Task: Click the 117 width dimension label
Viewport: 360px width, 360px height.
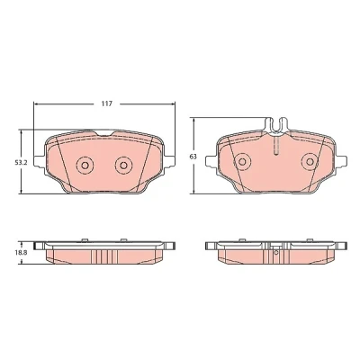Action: pos(106,103)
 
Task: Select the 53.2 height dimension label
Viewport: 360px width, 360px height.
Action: pos(22,163)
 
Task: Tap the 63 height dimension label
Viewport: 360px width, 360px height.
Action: pos(193,157)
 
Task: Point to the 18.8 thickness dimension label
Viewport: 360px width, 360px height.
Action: pos(22,253)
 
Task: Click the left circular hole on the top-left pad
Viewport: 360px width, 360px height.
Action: pos(85,165)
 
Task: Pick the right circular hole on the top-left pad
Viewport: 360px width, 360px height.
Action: pos(123,165)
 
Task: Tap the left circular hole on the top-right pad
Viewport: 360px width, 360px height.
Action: pos(242,162)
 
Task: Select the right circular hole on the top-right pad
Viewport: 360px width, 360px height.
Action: pos(310,162)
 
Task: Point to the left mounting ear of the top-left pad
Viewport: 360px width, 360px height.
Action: pos(40,160)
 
